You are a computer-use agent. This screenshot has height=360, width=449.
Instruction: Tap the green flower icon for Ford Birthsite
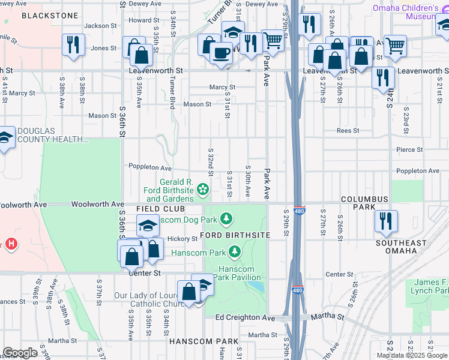[x=203, y=190]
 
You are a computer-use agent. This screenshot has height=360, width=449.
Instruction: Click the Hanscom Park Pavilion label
[x=239, y=273]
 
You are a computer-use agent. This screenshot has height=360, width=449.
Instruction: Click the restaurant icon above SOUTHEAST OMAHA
[x=384, y=220]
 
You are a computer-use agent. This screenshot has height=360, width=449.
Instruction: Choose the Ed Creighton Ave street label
[x=244, y=317]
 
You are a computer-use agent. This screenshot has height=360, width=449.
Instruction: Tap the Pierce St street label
[x=409, y=149]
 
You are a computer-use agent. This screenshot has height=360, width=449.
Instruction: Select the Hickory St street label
[x=182, y=239]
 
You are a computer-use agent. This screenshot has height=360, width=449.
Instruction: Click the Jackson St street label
[x=100, y=26]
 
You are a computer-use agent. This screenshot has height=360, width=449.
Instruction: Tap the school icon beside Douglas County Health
[x=5, y=138]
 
